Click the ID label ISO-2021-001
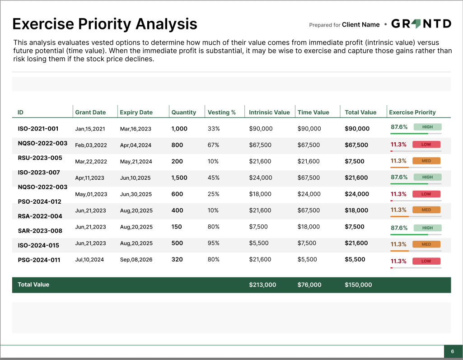click(38, 129)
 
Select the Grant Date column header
click(90, 112)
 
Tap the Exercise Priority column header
click(412, 112)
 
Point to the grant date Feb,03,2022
click(91, 145)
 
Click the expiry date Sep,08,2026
click(136, 260)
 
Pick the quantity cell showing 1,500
click(179, 178)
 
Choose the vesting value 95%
click(214, 243)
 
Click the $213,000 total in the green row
click(262, 285)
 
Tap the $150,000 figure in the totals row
click(358, 285)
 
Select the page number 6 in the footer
click(452, 352)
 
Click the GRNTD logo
click(421, 24)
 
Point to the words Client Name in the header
click(360, 25)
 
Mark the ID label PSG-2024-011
click(39, 260)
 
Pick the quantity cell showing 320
click(177, 260)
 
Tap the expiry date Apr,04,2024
click(136, 145)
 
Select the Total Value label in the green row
click(33, 285)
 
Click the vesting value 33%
click(214, 129)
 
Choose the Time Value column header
click(313, 112)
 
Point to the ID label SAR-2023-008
click(40, 231)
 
